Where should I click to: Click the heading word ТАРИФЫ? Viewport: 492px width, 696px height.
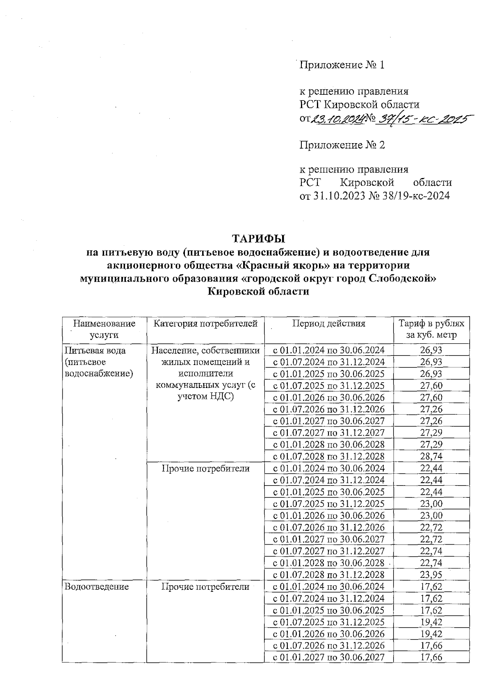(258, 238)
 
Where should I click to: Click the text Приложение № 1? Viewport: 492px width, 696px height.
(342, 65)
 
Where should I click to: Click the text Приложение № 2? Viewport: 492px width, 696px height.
(342, 145)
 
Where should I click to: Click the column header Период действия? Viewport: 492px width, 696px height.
(328, 324)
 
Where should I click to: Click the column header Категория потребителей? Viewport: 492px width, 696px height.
(205, 324)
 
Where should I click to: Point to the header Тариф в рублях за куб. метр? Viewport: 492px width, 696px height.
(431, 329)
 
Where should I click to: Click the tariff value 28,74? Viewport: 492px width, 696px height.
(431, 456)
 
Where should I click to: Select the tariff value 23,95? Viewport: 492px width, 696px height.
(431, 575)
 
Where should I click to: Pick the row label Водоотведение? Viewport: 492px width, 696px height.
(97, 586)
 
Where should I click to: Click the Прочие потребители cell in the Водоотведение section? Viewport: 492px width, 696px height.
(205, 586)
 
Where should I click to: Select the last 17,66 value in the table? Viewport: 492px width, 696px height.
(431, 657)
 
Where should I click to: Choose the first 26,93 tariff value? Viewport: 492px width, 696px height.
(431, 350)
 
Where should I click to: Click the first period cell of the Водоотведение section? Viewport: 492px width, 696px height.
(328, 586)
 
